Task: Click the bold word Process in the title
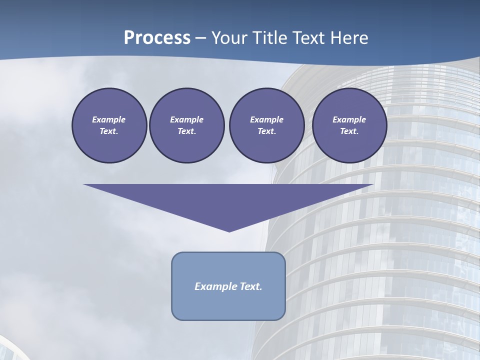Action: pyautogui.click(x=157, y=38)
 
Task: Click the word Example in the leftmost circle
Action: pyautogui.click(x=109, y=119)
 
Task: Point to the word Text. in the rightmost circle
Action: pyautogui.click(x=349, y=131)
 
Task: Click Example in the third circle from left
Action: pyautogui.click(x=266, y=119)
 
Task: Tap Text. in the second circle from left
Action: pyautogui.click(x=186, y=131)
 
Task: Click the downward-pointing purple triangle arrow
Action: pyautogui.click(x=228, y=200)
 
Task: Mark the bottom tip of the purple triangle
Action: pyautogui.click(x=229, y=230)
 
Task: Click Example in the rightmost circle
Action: pyautogui.click(x=349, y=119)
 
